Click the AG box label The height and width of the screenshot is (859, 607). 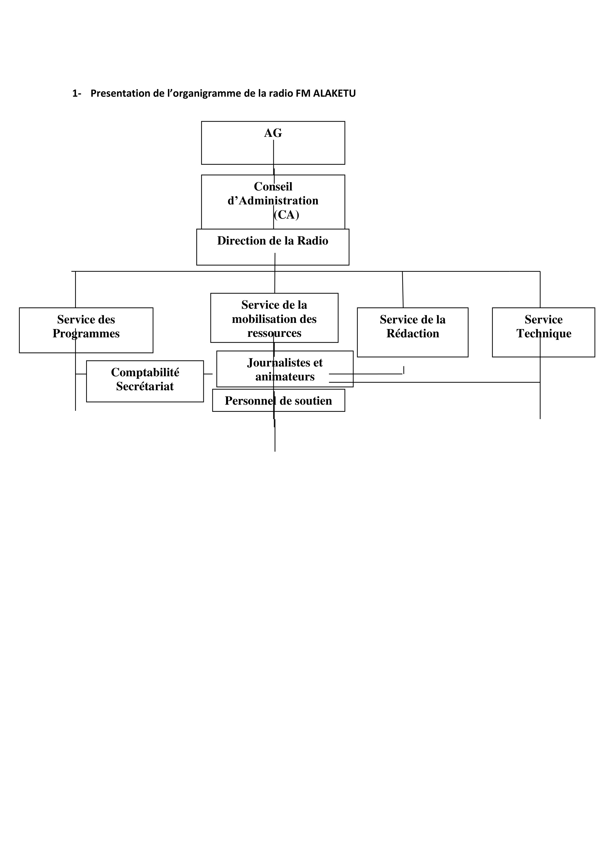[273, 133]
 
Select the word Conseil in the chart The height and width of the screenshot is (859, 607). [273, 186]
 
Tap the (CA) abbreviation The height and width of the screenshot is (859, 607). [286, 215]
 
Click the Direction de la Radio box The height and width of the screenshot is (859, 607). [273, 247]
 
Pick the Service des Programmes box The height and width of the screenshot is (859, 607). [86, 330]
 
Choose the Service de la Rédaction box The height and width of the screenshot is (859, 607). [412, 332]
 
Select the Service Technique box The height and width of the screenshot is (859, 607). [543, 332]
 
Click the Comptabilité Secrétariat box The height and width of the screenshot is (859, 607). [145, 381]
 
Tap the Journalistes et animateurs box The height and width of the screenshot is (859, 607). [285, 369]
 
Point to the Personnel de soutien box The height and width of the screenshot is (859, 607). [279, 400]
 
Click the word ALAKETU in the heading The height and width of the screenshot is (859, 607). [334, 93]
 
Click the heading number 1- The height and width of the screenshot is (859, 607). [77, 93]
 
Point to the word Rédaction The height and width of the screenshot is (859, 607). [412, 333]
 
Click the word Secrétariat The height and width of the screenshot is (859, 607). [145, 386]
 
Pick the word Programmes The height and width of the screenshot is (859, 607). [86, 334]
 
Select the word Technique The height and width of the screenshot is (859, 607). [544, 334]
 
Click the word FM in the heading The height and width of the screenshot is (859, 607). [303, 93]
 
